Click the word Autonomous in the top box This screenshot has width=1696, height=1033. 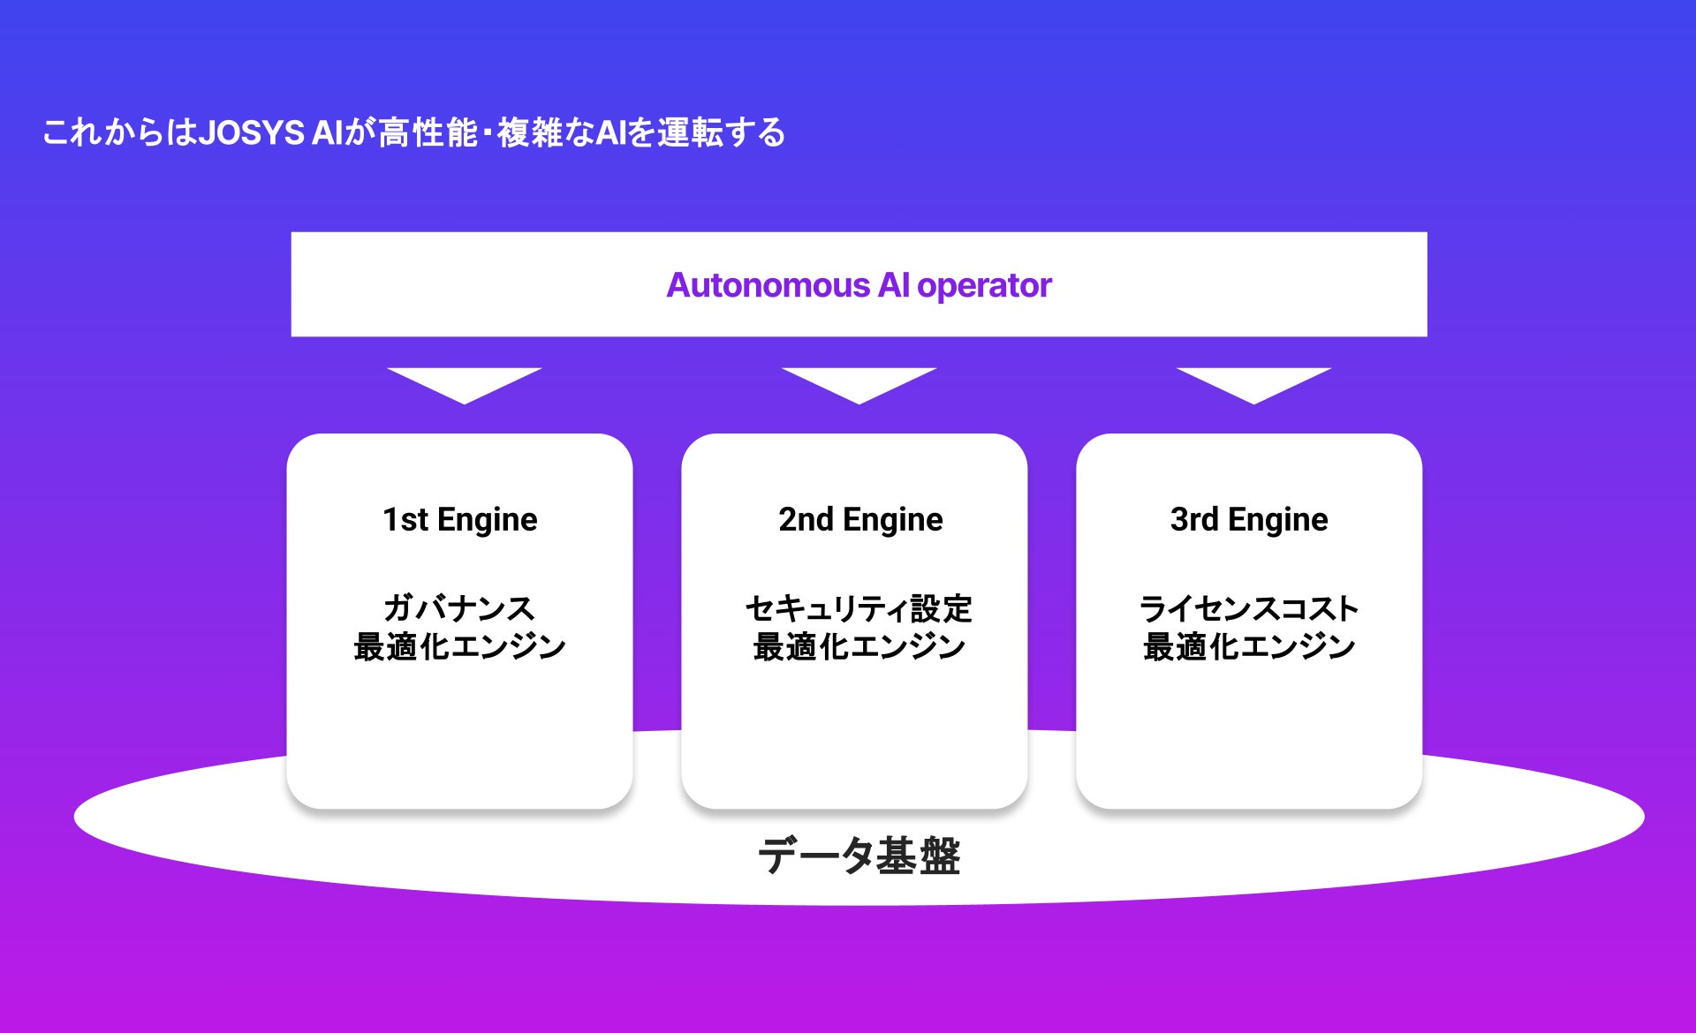[768, 285]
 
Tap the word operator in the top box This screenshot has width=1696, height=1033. [984, 286]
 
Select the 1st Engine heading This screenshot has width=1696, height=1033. [459, 519]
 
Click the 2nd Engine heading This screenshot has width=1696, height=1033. [860, 519]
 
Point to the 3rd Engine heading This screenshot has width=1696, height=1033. [1248, 519]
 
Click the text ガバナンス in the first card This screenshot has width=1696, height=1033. [459, 607]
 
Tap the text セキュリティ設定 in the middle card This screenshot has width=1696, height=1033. [859, 607]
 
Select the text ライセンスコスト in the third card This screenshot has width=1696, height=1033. [1248, 607]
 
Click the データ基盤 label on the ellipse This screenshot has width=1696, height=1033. [859, 855]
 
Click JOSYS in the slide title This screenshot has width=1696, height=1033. [252, 132]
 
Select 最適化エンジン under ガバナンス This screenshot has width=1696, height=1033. [459, 646]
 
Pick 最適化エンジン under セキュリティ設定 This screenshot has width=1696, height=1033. [859, 646]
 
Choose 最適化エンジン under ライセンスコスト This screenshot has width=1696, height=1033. [1248, 646]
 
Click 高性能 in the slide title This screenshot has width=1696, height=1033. [428, 132]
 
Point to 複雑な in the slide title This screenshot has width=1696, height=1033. [545, 132]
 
